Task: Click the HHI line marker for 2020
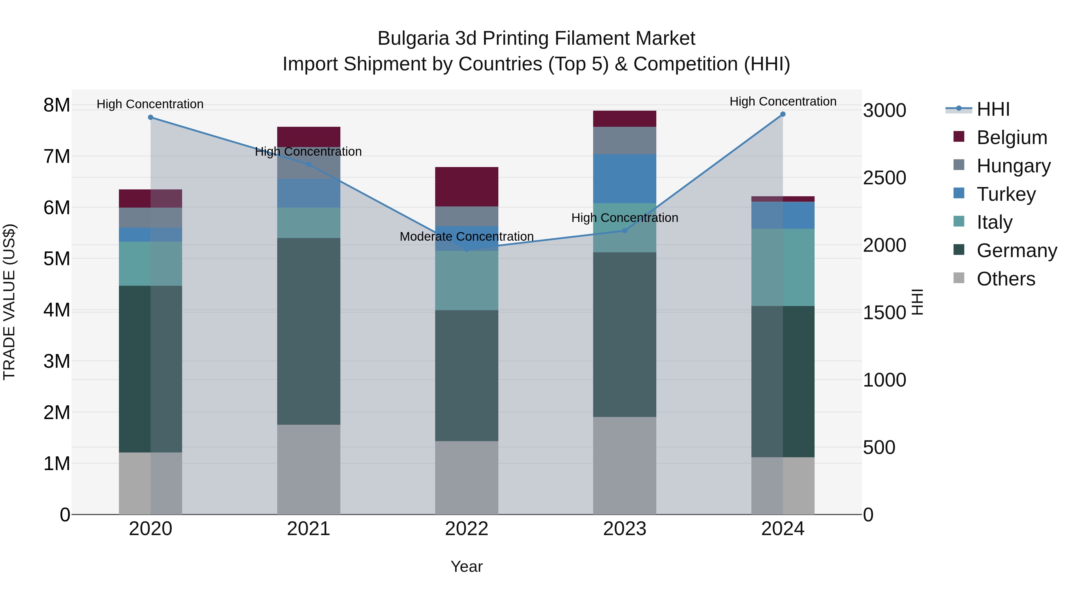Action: [151, 118]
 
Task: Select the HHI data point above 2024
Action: [783, 114]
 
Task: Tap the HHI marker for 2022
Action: [466, 249]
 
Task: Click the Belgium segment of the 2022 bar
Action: [466, 187]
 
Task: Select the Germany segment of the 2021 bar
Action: [309, 331]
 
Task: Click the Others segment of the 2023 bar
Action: [624, 466]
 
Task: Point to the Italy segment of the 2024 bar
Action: [783, 267]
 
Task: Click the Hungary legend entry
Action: [1013, 166]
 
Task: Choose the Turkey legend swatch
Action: [959, 193]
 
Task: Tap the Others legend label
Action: [1006, 279]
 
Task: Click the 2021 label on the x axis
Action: [309, 529]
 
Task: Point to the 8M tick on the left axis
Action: [57, 105]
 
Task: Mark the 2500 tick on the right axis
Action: [884, 178]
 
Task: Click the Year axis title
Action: [466, 566]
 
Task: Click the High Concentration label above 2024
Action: [783, 102]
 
